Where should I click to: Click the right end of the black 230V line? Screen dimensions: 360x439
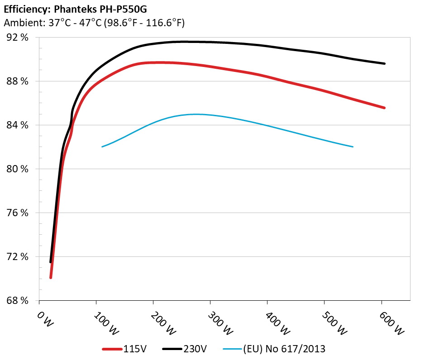(384, 64)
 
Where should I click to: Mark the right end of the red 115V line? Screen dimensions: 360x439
(384, 108)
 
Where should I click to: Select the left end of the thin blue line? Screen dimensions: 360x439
(102, 147)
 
